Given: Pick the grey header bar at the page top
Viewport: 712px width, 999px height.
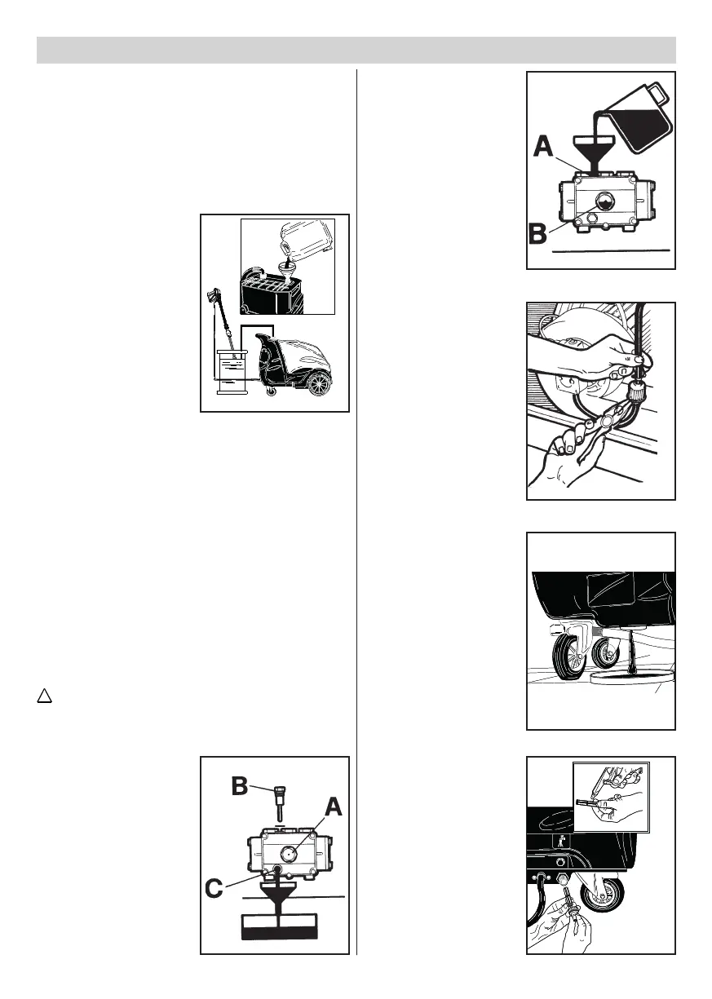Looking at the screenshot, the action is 356,50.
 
